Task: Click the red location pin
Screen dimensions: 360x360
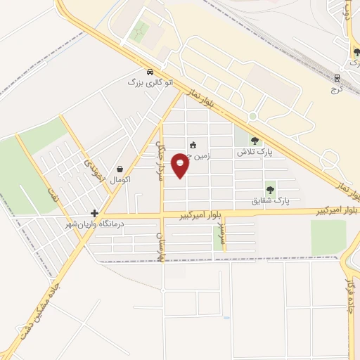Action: click(x=181, y=165)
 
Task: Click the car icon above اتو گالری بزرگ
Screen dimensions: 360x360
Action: click(x=150, y=72)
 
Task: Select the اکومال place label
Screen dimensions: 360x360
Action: click(x=121, y=179)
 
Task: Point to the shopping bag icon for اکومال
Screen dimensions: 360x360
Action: click(x=121, y=169)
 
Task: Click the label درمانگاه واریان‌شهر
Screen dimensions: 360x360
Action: click(x=95, y=223)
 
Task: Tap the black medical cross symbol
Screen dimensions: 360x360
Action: click(x=94, y=213)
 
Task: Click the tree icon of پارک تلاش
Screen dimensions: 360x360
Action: click(x=255, y=141)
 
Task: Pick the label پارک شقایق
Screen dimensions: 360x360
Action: click(x=271, y=200)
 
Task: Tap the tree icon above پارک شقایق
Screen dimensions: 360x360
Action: click(x=270, y=189)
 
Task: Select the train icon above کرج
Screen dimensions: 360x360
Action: click(x=337, y=78)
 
